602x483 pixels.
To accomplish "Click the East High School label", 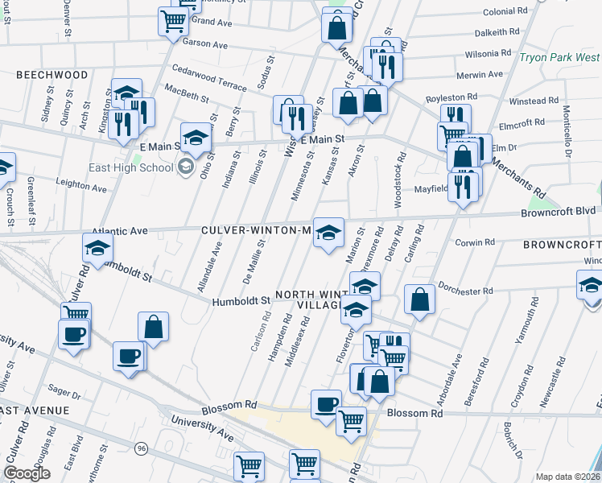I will [133, 167].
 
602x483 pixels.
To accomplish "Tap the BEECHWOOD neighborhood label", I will [52, 75].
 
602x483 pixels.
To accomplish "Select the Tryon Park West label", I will [559, 58].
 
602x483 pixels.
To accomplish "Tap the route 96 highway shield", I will [142, 448].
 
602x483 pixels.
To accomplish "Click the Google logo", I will [27, 473].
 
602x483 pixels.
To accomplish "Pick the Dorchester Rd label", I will [465, 290].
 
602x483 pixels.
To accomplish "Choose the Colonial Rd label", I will [510, 12].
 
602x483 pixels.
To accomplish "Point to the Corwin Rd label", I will [474, 242].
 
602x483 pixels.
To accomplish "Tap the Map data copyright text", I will [568, 476].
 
